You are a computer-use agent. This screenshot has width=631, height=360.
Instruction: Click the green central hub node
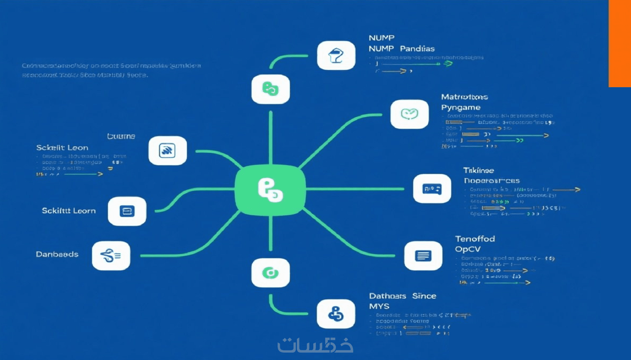pyautogui.click(x=270, y=190)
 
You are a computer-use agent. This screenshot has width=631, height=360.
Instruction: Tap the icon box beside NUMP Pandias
pyautogui.click(x=336, y=56)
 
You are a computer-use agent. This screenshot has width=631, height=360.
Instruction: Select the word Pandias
pyautogui.click(x=417, y=49)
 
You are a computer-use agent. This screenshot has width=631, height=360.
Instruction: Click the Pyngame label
pyautogui.click(x=461, y=108)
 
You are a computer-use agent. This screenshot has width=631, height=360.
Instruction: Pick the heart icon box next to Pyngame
pyautogui.click(x=409, y=114)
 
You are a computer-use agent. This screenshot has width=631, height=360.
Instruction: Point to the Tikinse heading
pyautogui.click(x=478, y=170)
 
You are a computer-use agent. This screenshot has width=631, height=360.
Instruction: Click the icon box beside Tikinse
pyautogui.click(x=432, y=189)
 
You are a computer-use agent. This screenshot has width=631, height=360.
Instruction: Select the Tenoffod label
pyautogui.click(x=475, y=239)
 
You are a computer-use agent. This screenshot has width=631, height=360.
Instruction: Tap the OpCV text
pyautogui.click(x=468, y=249)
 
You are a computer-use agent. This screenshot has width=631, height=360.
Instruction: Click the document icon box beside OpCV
pyautogui.click(x=423, y=256)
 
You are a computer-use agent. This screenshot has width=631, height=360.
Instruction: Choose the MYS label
pyautogui.click(x=379, y=306)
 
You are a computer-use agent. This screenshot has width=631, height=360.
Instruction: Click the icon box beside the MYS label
pyautogui.click(x=336, y=314)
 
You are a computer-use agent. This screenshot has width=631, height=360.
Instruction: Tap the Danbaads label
pyautogui.click(x=57, y=254)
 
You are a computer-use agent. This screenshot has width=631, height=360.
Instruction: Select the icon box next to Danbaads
pyautogui.click(x=111, y=256)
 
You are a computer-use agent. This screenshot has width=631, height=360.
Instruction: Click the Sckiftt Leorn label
pyautogui.click(x=69, y=211)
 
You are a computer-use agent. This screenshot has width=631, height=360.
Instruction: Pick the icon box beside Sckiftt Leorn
pyautogui.click(x=127, y=211)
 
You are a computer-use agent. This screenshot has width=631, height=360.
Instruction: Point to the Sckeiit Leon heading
pyautogui.click(x=62, y=148)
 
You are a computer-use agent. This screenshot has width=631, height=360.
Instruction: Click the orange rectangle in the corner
pyautogui.click(x=619, y=43)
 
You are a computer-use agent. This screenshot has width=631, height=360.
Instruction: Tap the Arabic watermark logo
pyautogui.click(x=315, y=345)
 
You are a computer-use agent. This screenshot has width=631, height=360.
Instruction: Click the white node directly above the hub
pyautogui.click(x=271, y=89)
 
